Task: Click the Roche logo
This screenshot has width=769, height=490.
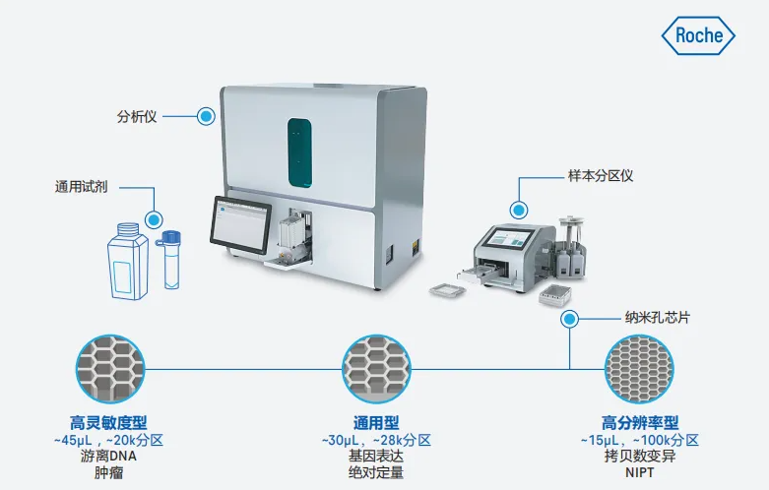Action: pos(698,35)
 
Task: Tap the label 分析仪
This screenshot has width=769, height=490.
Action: pos(137,117)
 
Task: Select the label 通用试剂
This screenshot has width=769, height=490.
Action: pos(81,187)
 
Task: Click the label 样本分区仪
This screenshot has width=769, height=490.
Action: pos(601,176)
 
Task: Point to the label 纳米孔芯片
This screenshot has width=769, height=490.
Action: pos(657,318)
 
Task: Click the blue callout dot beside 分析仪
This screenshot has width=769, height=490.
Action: pos(206,117)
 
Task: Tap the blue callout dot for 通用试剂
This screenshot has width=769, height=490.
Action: pos(154,219)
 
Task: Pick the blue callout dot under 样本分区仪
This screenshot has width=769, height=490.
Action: pos(518,211)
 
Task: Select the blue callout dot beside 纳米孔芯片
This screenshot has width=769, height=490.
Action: pos(569,320)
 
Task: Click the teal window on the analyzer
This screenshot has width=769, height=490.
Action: pos(299,153)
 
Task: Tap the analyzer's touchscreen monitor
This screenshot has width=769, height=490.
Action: pos(240,225)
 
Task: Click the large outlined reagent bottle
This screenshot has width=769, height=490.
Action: pos(128,261)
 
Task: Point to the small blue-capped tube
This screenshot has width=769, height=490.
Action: pos(169,260)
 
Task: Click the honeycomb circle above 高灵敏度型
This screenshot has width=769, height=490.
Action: pos(110,369)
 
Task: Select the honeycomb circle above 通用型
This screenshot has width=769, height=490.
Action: pos(376,369)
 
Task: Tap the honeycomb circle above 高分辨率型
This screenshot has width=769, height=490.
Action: pos(639,369)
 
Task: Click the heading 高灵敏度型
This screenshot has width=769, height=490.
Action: pos(108,422)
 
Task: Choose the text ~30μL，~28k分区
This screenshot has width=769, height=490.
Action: pos(376,440)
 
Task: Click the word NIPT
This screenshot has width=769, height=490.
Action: pos(640,473)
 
